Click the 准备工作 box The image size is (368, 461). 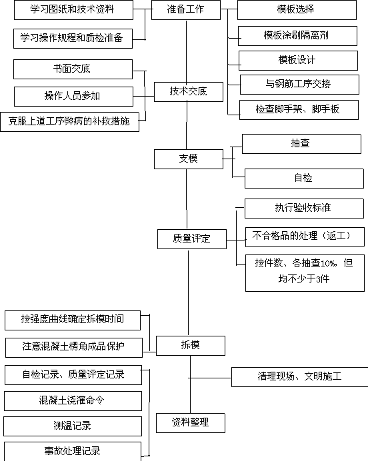pyautogui.click(x=186, y=10)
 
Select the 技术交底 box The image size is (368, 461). pyautogui.click(x=189, y=92)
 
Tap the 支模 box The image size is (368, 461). pyautogui.click(x=189, y=159)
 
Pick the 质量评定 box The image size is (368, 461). pyautogui.click(x=192, y=239)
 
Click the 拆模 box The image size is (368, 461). pyautogui.click(x=191, y=346)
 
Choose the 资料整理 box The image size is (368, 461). pyautogui.click(x=191, y=423)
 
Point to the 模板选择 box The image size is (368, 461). pyautogui.click(x=297, y=10)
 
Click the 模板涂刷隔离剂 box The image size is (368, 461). pyautogui.click(x=297, y=36)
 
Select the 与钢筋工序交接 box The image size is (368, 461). pyautogui.click(x=299, y=85)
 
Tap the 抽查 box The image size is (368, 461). pyautogui.click(x=301, y=144)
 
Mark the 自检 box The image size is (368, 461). pyautogui.click(x=304, y=179)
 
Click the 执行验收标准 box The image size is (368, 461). pyautogui.click(x=304, y=209)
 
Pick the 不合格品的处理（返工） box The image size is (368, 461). pyautogui.click(x=305, y=237)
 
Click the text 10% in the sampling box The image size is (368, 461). pyautogui.click(x=327, y=263)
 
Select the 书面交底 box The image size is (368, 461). pyautogui.click(x=73, y=69)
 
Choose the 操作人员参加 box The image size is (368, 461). pyautogui.click(x=73, y=97)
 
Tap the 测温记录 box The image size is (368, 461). pyautogui.click(x=73, y=426)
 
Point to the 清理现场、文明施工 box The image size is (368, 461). pyautogui.click(x=300, y=377)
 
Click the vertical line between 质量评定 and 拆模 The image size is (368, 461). pyautogui.click(x=188, y=292)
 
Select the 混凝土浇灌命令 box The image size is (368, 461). pyautogui.click(x=73, y=401)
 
